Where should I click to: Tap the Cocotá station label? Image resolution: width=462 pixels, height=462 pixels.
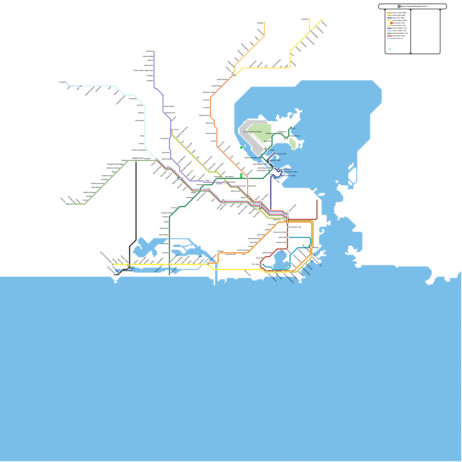pyautogui.click(x=293, y=128)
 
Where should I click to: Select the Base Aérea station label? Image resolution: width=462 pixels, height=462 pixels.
pyautogui.click(x=268, y=141)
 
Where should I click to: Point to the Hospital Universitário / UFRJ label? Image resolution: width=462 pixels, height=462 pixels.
pyautogui.click(x=253, y=158)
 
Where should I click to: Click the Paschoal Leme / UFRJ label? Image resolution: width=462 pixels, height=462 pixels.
pyautogui.click(x=290, y=172)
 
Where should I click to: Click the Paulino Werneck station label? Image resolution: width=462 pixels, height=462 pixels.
pyautogui.click(x=295, y=136)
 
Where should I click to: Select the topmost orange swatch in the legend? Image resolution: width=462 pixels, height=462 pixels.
pyautogui.click(x=389, y=13)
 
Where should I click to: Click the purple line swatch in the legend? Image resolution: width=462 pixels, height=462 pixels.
pyautogui.click(x=389, y=28)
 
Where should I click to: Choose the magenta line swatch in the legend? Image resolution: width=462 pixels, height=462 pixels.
pyautogui.click(x=389, y=36)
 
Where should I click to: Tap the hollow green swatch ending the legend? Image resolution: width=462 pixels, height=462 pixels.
pyautogui.click(x=389, y=38)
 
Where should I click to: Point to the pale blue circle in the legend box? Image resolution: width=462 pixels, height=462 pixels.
pyautogui.click(x=390, y=49)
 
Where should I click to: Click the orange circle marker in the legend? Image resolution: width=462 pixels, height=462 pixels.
pyautogui.click(x=391, y=23)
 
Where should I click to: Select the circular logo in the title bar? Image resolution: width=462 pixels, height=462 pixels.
pyautogui.click(x=399, y=6)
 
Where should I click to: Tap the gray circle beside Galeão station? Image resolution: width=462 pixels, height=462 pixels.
pyautogui.click(x=266, y=149)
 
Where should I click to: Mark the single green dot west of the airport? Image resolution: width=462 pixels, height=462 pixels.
pyautogui.click(x=241, y=148)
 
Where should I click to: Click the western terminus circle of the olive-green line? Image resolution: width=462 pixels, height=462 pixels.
pyautogui.click(x=67, y=204)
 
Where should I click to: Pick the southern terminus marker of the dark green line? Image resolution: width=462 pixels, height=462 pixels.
pyautogui.click(x=169, y=275)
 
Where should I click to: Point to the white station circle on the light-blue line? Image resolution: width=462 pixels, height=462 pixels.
pyautogui.click(x=81, y=86)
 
